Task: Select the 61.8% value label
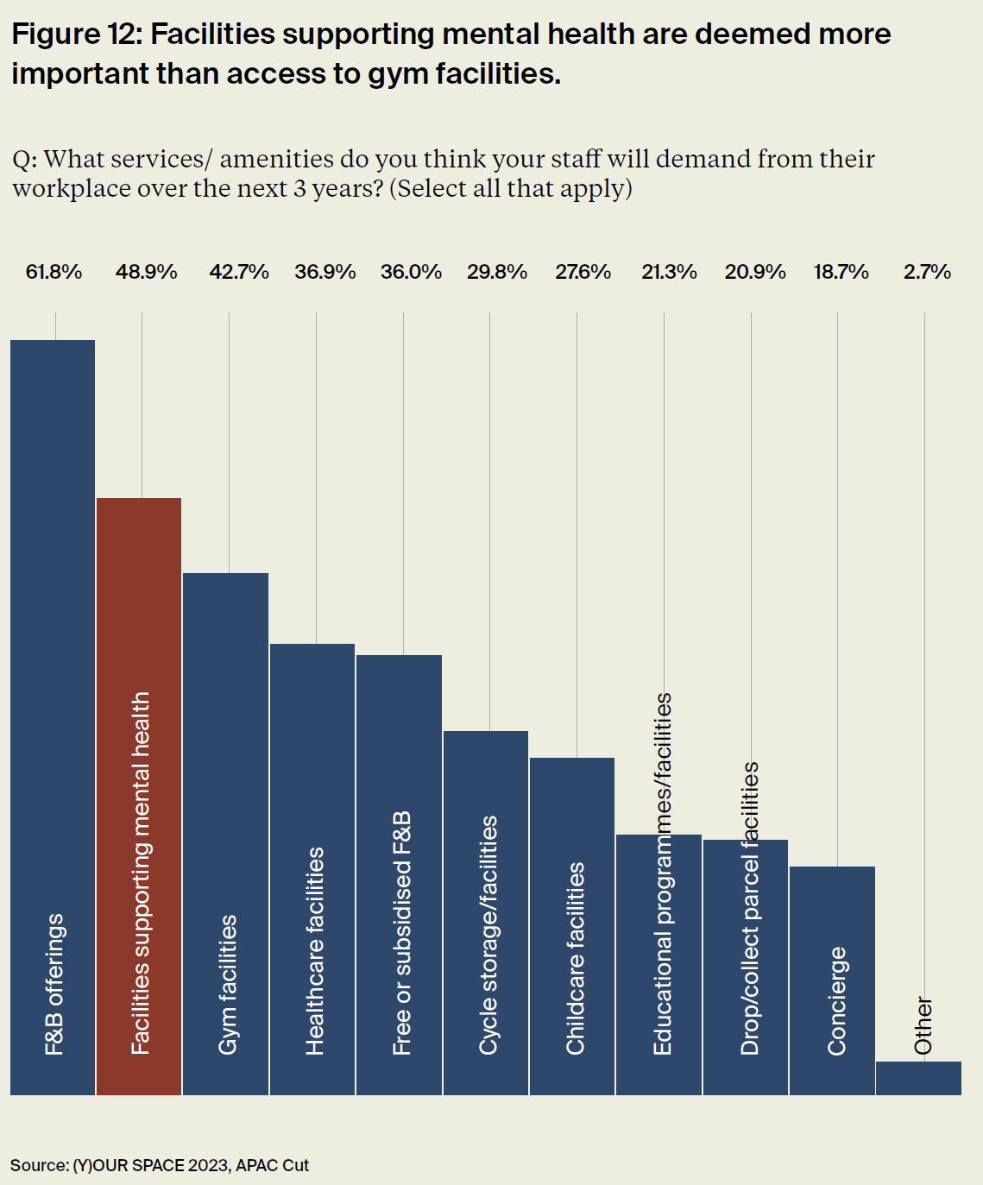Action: coord(54,273)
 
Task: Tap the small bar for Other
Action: coord(918,1079)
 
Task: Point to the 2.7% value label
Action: coord(927,273)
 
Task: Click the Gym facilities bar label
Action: coord(227,985)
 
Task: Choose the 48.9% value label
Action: coord(147,273)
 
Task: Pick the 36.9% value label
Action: coord(325,273)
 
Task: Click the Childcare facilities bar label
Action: coord(575,958)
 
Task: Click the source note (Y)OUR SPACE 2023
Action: coord(160,1165)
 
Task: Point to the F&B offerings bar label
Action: coord(54,984)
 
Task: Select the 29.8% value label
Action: coord(497,273)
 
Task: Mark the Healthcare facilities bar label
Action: coord(314,950)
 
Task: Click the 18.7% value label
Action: coord(841,273)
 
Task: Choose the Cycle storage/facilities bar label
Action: coord(488,935)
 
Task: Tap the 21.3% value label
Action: coord(669,273)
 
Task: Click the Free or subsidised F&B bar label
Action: coord(401,933)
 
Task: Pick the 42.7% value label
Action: coord(239,273)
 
